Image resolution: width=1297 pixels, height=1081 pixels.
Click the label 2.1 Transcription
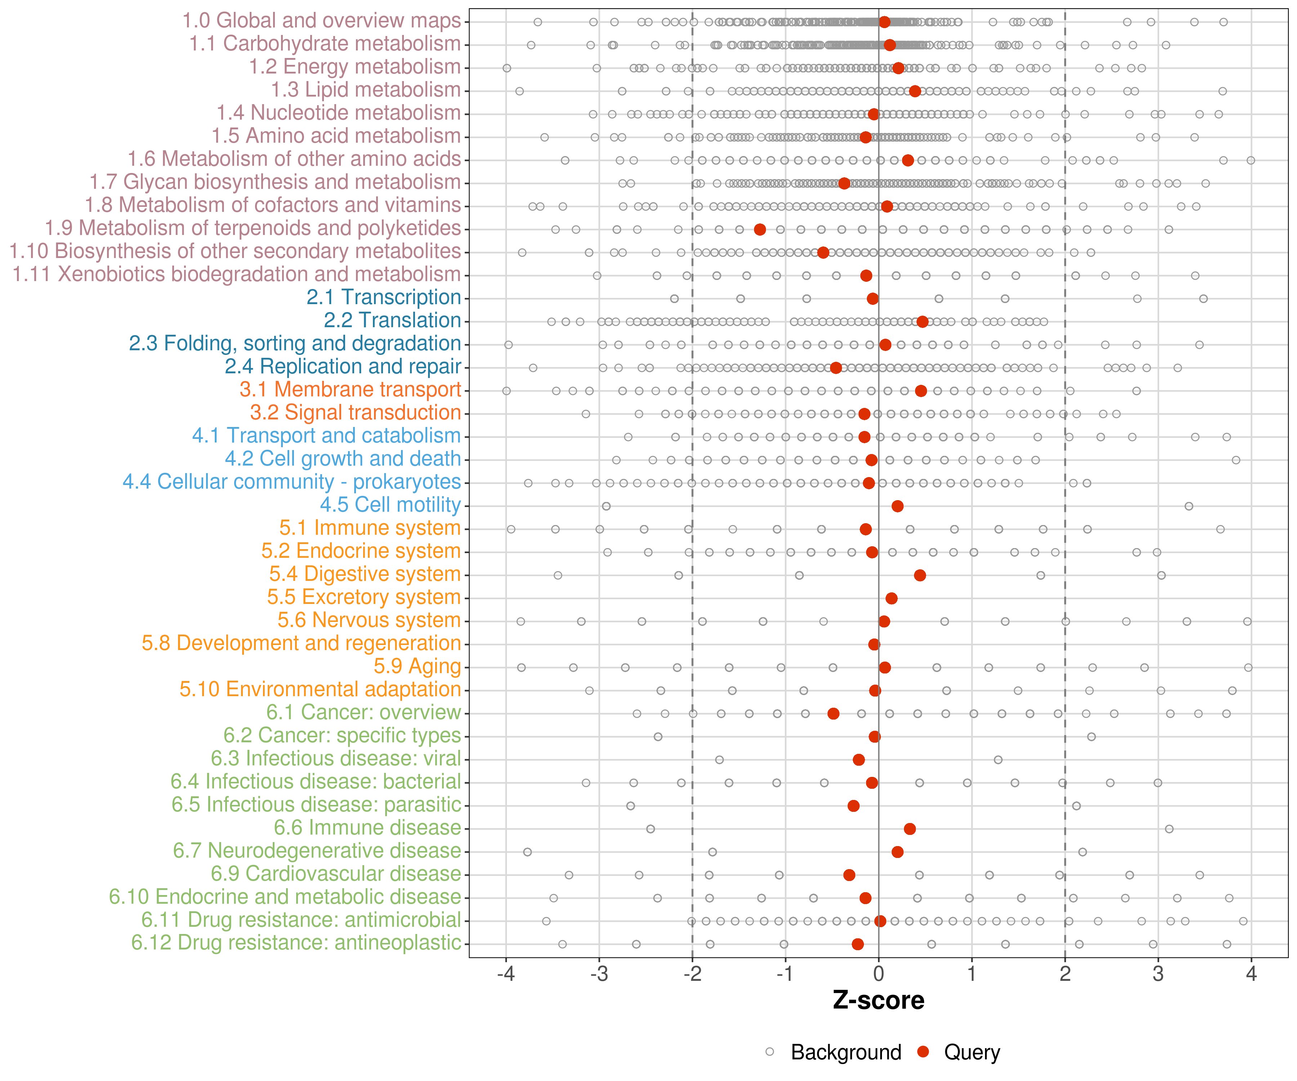pos(384,297)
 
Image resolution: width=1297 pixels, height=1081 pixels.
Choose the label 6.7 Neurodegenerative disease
pos(317,851)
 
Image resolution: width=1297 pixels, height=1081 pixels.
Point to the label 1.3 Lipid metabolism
pos(366,90)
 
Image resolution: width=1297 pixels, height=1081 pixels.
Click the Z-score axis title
pos(878,1001)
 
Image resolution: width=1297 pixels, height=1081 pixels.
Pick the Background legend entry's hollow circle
pos(770,1052)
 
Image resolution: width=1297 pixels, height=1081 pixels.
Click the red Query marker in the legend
pos(923,1052)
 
